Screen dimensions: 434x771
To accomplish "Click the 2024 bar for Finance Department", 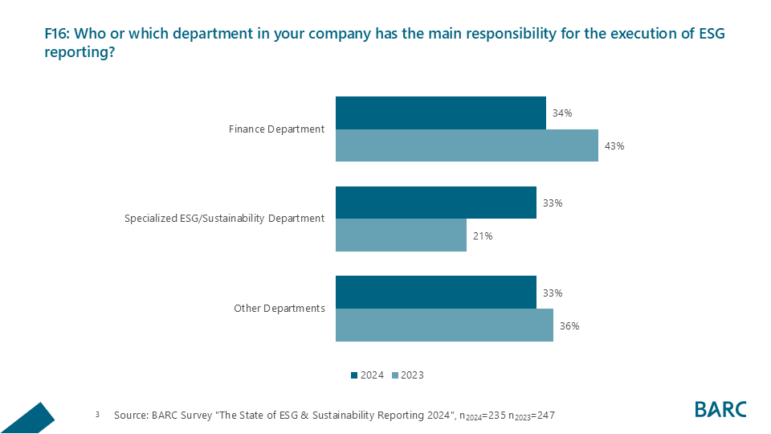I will coord(440,113).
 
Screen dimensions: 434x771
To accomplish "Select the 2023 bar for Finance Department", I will coord(467,145).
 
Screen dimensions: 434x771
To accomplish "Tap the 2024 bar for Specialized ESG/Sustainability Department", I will coord(435,203).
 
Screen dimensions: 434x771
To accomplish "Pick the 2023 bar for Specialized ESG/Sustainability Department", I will coord(401,235).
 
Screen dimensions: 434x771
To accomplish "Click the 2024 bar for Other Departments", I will coord(435,293).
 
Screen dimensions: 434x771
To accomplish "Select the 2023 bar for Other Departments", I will coord(444,325).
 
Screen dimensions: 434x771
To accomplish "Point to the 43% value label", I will coord(615,146).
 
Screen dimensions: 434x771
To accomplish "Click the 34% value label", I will coord(562,113).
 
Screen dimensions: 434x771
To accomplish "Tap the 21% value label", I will coord(483,236).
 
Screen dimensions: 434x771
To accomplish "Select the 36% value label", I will coord(569,326).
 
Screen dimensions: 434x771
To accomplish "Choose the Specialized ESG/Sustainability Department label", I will coord(225,219).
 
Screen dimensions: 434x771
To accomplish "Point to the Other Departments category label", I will coord(279,309).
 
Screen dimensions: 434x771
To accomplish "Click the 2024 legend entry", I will coord(367,375).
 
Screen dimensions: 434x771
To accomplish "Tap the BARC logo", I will coord(720,409).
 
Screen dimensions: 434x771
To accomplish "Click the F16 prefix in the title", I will coord(57,35).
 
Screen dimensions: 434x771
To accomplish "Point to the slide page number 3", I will coord(97,415).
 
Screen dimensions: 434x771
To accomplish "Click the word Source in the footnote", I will coord(130,416).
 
